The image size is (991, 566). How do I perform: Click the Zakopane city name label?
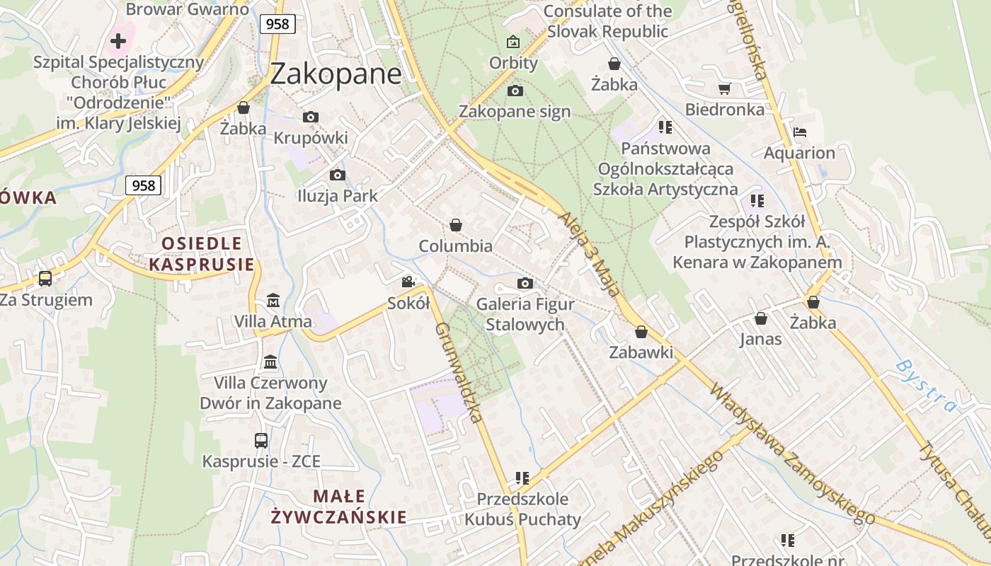[x=336, y=73]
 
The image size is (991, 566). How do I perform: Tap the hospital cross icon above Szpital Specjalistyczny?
[x=118, y=40]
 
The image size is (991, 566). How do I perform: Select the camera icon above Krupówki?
[x=311, y=117]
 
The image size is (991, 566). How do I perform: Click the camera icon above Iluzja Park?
[x=338, y=175]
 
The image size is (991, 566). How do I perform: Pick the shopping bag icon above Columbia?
[x=456, y=225]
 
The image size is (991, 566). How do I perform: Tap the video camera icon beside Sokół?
[x=408, y=282]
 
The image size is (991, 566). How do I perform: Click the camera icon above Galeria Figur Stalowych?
[x=525, y=283]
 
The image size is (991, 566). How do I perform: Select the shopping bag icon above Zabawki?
[x=641, y=331]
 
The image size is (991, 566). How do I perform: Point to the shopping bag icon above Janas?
[x=761, y=318]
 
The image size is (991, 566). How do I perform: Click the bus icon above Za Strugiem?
[x=45, y=278]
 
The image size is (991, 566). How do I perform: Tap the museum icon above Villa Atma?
[x=273, y=301]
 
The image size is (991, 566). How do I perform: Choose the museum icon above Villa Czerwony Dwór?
[x=270, y=362]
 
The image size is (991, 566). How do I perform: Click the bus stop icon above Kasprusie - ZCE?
[x=261, y=440]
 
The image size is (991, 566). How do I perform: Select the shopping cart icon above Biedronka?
[x=724, y=88]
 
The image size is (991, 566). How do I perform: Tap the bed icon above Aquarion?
[x=800, y=132]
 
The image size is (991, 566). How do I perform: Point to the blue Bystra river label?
[x=925, y=386]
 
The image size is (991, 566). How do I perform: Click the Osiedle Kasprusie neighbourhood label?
[x=202, y=254]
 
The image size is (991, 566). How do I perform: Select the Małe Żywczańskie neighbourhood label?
[x=339, y=507]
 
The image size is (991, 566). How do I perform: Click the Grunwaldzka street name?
[x=460, y=373]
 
